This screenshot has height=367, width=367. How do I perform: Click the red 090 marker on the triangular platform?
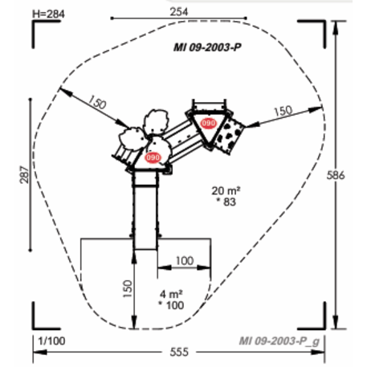click(209, 123)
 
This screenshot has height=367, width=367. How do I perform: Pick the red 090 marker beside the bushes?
click(153, 158)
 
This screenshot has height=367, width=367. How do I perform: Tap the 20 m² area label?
click(227, 190)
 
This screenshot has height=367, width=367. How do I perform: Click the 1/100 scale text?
click(51, 341)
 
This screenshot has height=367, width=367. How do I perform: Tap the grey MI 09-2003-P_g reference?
click(280, 340)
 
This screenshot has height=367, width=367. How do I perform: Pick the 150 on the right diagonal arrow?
click(282, 111)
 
